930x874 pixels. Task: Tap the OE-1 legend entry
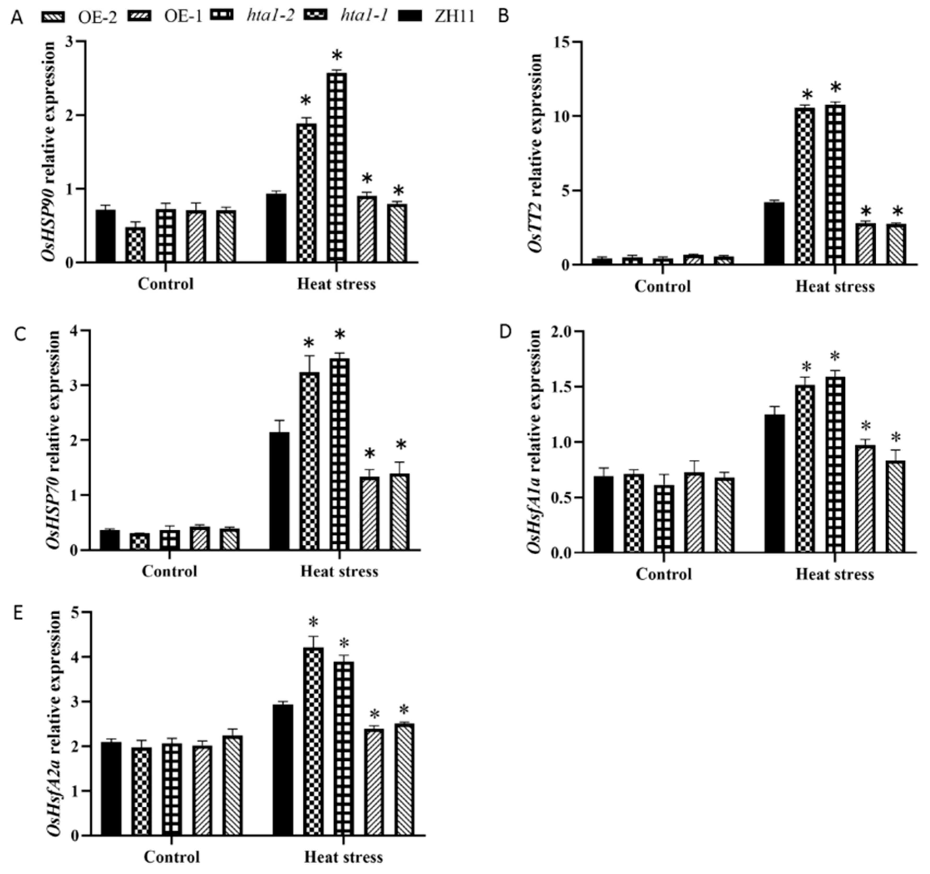tap(182, 16)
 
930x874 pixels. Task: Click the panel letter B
tap(504, 16)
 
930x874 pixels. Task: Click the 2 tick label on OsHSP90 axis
tap(71, 115)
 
